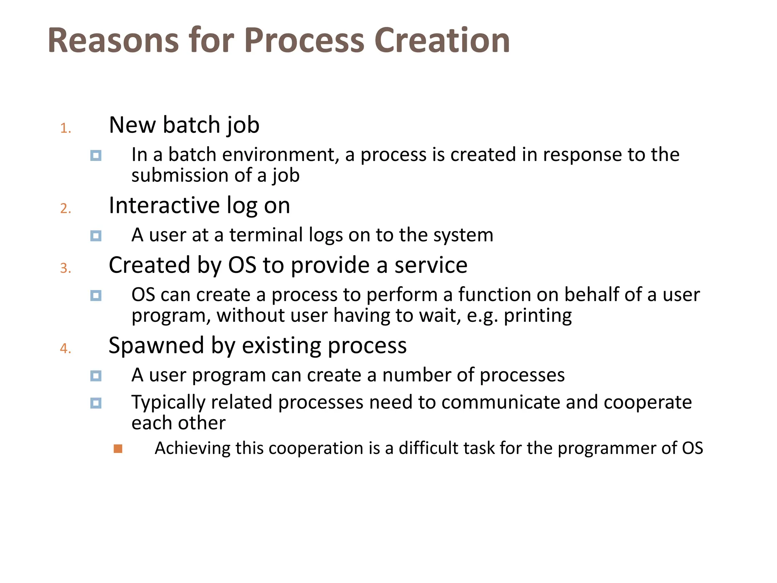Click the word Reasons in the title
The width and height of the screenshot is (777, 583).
pyautogui.click(x=113, y=41)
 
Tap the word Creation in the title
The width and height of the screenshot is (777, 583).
pyautogui.click(x=442, y=41)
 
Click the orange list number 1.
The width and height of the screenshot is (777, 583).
pyautogui.click(x=65, y=128)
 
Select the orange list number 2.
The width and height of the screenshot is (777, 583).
pyautogui.click(x=65, y=208)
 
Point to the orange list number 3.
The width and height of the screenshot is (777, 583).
pyautogui.click(x=65, y=268)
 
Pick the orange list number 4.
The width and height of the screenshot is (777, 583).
pyautogui.click(x=65, y=348)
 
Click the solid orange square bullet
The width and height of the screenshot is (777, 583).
pyautogui.click(x=118, y=449)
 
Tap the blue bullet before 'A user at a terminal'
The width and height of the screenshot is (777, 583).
pyautogui.click(x=96, y=236)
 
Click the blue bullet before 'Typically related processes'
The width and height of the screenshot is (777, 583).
pyautogui.click(x=96, y=403)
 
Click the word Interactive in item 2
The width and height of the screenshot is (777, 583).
pyautogui.click(x=164, y=205)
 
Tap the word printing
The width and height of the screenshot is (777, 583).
pyautogui.click(x=538, y=316)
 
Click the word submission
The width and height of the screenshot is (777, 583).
pyautogui.click(x=179, y=175)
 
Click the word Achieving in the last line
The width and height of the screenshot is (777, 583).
pyautogui.click(x=192, y=448)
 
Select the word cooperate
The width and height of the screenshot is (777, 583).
pyautogui.click(x=648, y=402)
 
